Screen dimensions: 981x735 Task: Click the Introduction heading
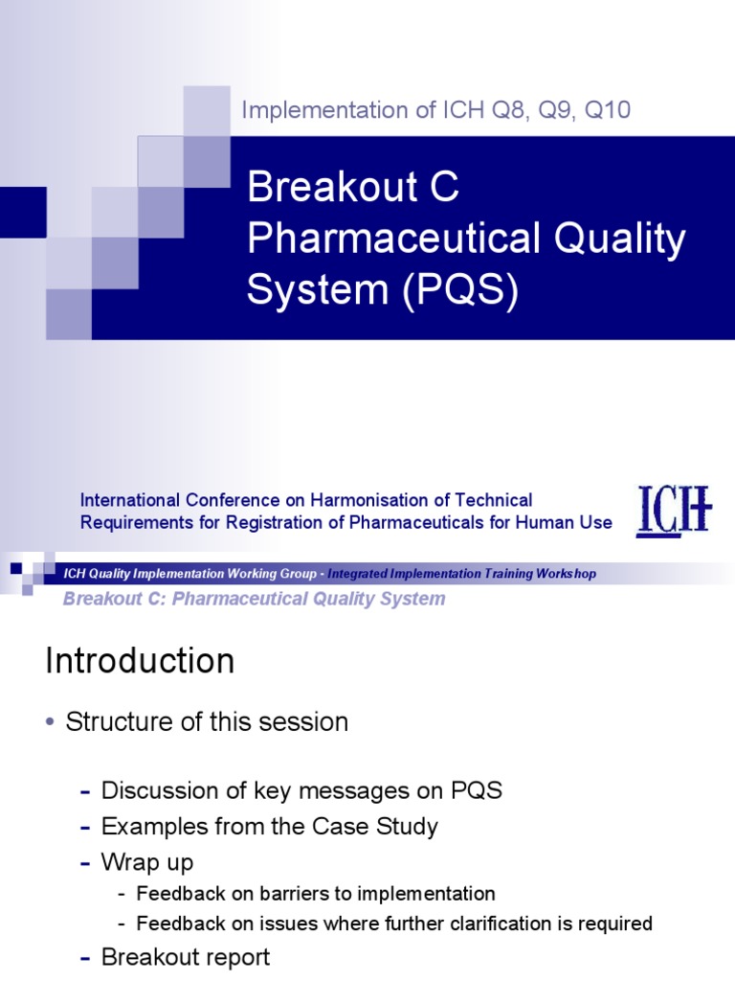pyautogui.click(x=140, y=661)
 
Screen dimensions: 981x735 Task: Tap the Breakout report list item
pyautogui.click(x=186, y=956)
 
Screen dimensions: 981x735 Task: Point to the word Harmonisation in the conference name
pyautogui.click(x=387, y=500)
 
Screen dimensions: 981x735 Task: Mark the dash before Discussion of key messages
pyautogui.click(x=86, y=791)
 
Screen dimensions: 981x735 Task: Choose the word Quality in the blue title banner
pyautogui.click(x=621, y=240)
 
